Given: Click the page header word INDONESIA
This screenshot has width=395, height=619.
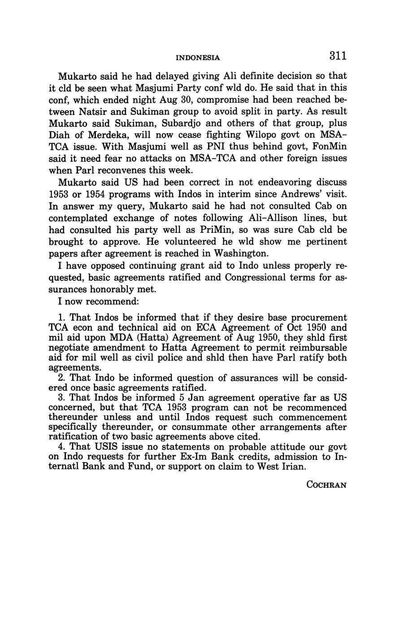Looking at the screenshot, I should pos(198,57).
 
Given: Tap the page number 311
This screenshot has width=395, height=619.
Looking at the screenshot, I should pos(338,56).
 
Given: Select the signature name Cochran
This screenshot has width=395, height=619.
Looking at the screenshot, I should pos(326,485).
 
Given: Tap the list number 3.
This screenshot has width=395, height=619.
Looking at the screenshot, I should pos(62,398).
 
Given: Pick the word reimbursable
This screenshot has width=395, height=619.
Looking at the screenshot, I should pos(319,348).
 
